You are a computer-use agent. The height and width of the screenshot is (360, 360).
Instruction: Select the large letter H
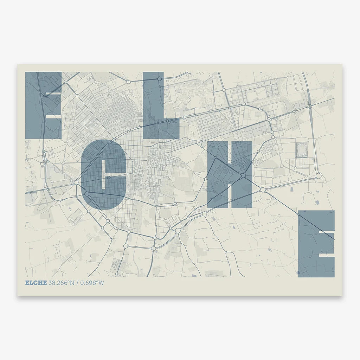(x=230, y=174)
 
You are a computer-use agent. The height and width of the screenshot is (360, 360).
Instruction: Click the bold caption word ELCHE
(x=36, y=283)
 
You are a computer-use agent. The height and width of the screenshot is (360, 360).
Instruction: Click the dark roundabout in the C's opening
(x=109, y=178)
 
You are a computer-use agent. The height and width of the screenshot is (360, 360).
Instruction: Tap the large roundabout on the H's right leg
(x=243, y=175)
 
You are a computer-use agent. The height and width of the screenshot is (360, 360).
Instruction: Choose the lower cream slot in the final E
(x=327, y=255)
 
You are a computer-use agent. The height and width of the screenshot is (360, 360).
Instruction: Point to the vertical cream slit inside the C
(x=103, y=178)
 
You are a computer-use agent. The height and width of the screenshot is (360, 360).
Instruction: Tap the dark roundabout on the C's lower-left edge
(x=86, y=194)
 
